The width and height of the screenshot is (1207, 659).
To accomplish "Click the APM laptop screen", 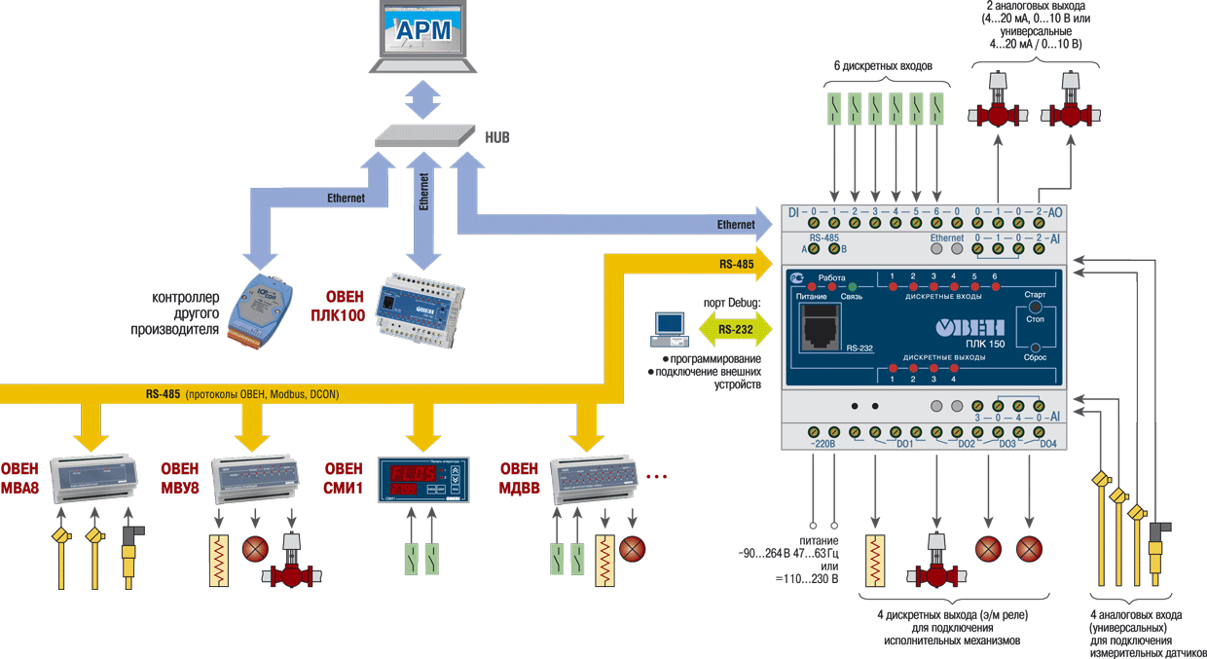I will pos(424,31).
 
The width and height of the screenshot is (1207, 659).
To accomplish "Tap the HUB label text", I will pos(497,137).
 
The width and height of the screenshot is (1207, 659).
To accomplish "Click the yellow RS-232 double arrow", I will pos(736,330).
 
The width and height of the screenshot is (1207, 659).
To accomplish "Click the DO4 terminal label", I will pos(1047,445).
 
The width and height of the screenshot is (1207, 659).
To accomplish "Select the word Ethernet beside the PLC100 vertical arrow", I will pos(422,193).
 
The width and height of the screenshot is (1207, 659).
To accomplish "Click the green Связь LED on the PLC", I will pos(852,284).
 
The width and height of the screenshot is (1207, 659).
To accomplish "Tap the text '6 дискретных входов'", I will pos(883,66).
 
